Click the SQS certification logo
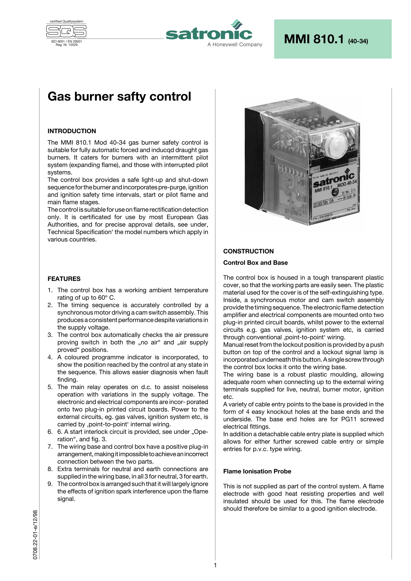pos(66,31)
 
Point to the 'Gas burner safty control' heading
pos(119,96)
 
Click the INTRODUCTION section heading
pos(72,131)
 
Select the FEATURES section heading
pos(64,279)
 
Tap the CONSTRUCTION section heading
pos(248,251)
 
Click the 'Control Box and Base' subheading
pos(255,263)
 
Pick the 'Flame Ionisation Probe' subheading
pos(257,471)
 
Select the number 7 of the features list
pos(50,447)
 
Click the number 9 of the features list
pos(50,484)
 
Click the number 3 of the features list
pos(50,335)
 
